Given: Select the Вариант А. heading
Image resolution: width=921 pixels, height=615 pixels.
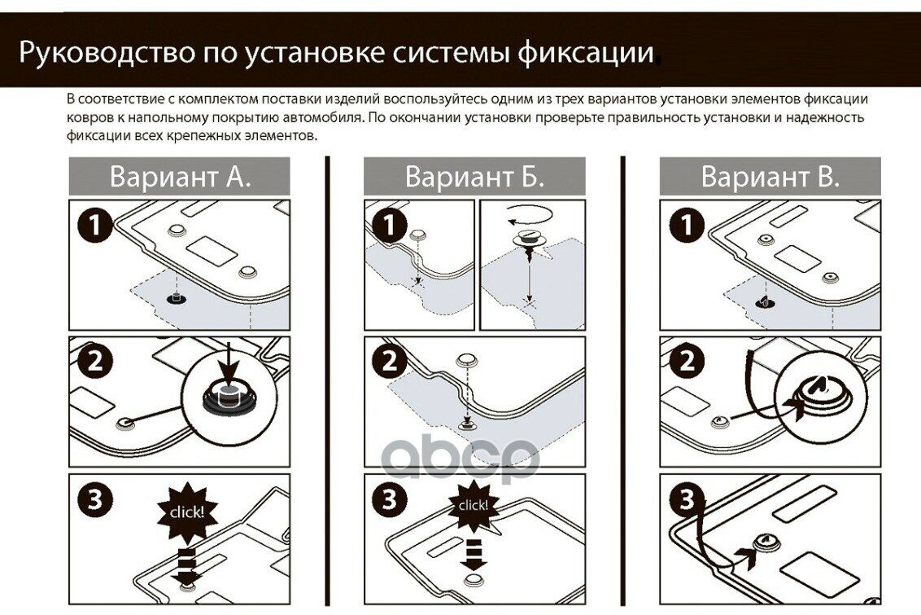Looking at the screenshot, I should (x=180, y=177).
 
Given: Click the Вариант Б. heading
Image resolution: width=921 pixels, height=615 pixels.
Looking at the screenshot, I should (x=474, y=177).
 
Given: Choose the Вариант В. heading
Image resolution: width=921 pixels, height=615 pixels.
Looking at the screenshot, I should (x=770, y=177).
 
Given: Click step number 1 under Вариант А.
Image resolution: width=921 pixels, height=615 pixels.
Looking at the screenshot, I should (x=96, y=225).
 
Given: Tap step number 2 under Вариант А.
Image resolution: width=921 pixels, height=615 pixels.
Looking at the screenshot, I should (x=96, y=362).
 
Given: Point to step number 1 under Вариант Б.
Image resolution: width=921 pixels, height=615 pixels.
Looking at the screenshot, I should (x=391, y=225).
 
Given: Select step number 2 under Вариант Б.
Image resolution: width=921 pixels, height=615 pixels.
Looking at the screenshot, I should (x=391, y=362).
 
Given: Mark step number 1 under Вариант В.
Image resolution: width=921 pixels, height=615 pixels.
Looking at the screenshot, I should (x=687, y=225).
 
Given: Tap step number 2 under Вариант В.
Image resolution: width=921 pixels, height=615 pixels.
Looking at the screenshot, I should (x=687, y=362).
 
